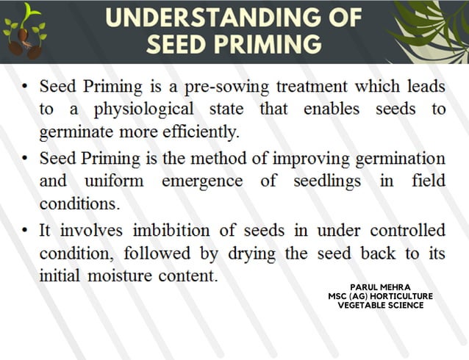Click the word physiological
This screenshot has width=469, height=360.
click(x=144, y=109)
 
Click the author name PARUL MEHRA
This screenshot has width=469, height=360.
click(x=380, y=288)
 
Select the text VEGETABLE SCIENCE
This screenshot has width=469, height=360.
click(x=380, y=306)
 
